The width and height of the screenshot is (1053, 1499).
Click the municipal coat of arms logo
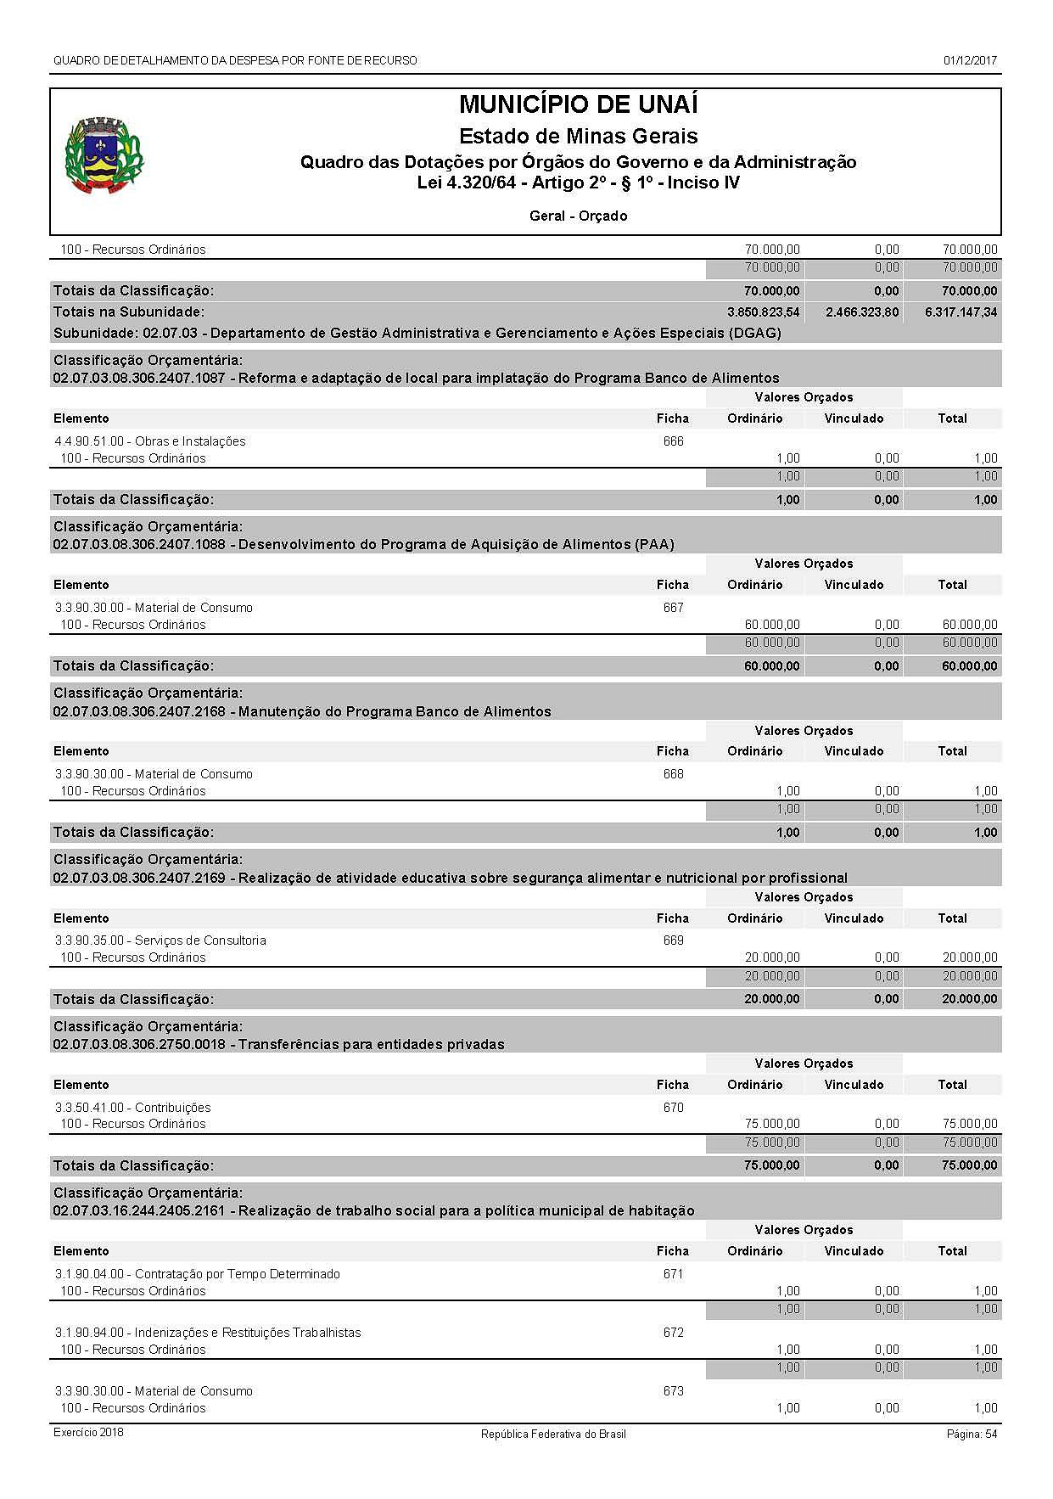(104, 156)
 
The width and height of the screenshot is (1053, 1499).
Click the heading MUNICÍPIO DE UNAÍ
(578, 105)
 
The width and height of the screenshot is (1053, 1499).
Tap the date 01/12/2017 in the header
(970, 61)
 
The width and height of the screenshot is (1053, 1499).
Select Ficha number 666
(673, 441)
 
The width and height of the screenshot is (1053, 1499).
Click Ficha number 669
(673, 940)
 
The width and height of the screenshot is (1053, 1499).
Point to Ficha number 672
(673, 1333)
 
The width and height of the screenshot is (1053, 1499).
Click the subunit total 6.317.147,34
(961, 312)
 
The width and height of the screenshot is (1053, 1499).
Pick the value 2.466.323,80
(861, 312)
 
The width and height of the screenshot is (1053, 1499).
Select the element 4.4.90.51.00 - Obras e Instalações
(150, 441)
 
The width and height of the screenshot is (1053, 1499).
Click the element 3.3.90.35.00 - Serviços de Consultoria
(160, 940)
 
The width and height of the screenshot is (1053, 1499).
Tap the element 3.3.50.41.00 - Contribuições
(132, 1108)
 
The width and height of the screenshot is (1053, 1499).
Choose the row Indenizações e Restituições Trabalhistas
(208, 1333)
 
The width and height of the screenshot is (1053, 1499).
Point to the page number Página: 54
(972, 1434)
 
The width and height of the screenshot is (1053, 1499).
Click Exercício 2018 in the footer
(88, 1433)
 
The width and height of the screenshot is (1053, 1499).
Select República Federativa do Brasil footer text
(553, 1434)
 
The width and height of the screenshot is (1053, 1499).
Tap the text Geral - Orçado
(578, 216)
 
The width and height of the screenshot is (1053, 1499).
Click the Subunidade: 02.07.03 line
(417, 333)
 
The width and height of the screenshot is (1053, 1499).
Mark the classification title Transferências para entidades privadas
(371, 1044)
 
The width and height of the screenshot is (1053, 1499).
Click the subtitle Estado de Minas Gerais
(578, 136)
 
